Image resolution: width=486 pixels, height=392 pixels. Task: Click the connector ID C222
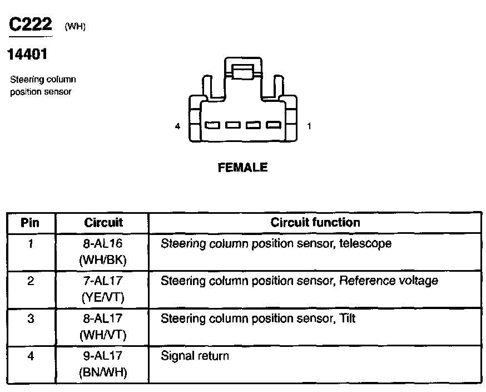pos(31,24)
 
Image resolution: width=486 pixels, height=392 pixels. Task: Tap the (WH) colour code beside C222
pos(75,27)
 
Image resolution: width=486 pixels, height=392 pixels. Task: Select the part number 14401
pos(26,55)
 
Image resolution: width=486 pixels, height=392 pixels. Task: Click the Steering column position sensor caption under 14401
pos(43,86)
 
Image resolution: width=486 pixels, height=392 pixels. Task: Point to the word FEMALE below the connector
pos(242,167)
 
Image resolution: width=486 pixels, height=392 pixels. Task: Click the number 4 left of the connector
pos(177,126)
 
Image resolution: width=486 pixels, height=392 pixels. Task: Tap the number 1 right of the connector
pos(309,126)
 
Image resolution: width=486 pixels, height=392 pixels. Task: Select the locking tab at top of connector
pos(242,71)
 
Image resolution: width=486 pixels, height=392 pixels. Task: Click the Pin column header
pos(30,223)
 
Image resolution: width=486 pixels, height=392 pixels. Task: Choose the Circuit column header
pos(103,223)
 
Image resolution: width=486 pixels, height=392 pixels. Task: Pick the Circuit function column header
pos(315,223)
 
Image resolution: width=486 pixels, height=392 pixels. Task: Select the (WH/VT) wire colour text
pos(103,335)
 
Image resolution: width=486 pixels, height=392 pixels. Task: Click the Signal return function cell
pos(195,356)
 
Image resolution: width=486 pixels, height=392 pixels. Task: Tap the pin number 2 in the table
pos(30,281)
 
